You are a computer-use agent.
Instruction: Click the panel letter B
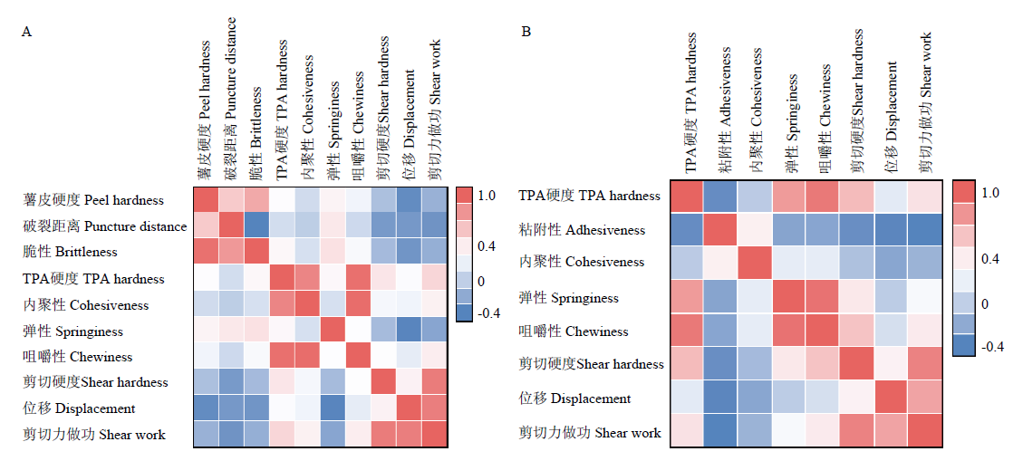(526, 32)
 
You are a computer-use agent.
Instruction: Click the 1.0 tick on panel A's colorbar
(487, 196)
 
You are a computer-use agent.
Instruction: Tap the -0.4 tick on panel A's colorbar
(489, 313)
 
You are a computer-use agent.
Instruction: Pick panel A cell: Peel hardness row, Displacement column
(409, 199)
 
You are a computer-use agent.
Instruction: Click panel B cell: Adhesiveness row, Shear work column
(922, 229)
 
